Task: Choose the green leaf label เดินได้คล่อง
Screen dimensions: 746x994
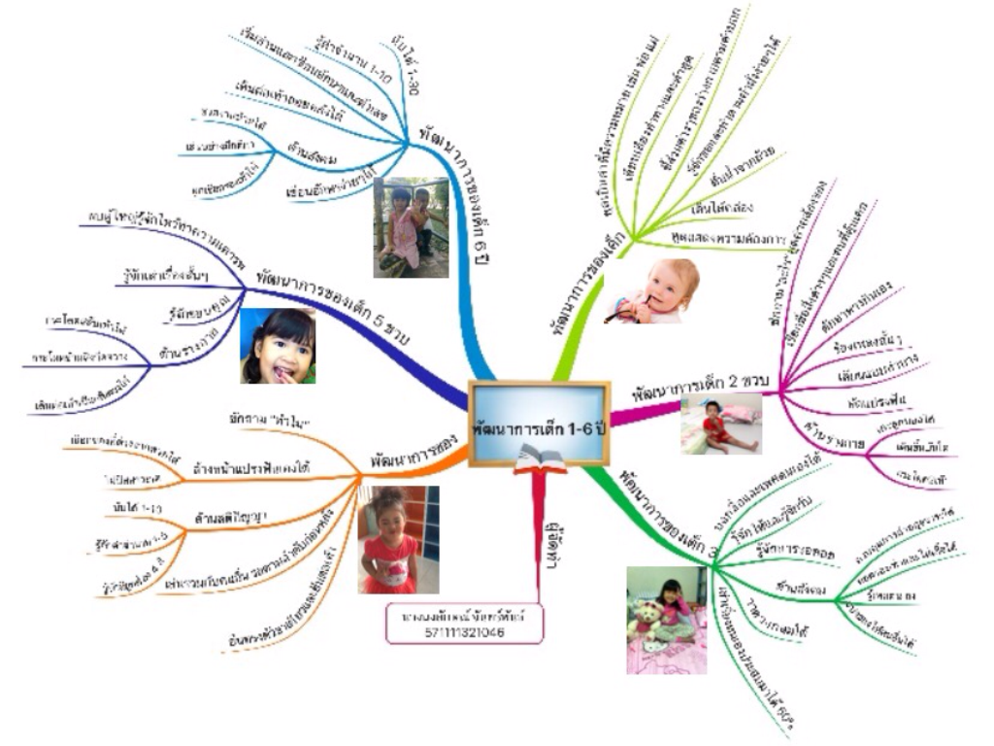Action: [x=724, y=207]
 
